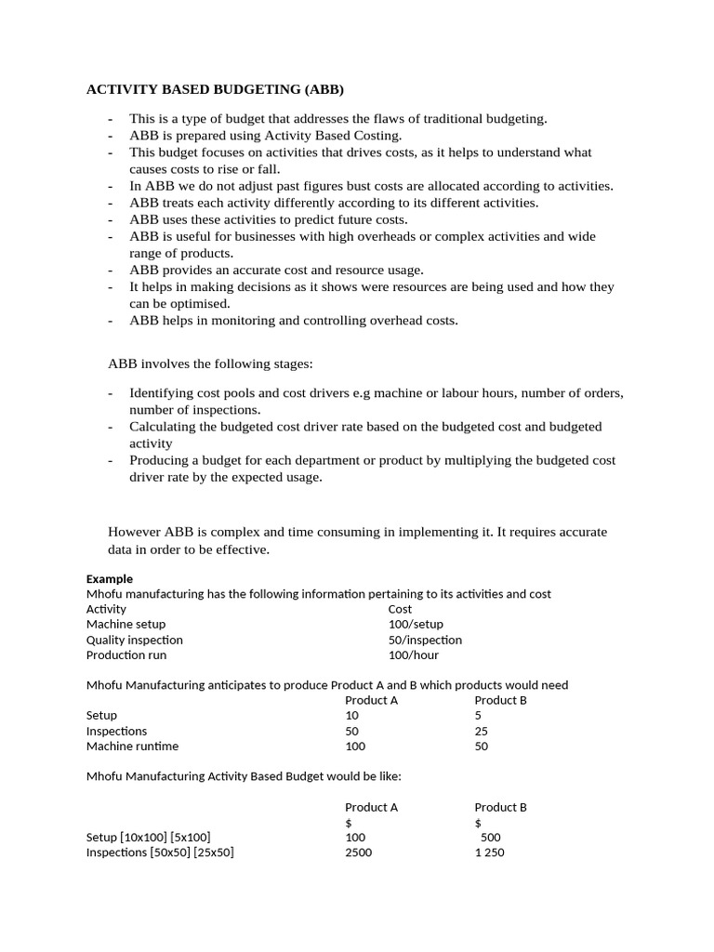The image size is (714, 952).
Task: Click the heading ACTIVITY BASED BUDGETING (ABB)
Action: [x=215, y=90]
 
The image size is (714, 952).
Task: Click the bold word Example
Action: [x=110, y=578]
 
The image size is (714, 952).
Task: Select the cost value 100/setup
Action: [x=416, y=624]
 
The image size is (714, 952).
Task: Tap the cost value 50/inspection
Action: [x=425, y=640]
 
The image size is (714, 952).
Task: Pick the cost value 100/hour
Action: [x=414, y=654]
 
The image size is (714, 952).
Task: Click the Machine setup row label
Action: [x=126, y=624]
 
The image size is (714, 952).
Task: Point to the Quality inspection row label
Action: [x=135, y=640]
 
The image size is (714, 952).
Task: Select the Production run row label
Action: [x=126, y=654]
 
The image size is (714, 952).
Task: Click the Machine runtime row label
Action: [x=132, y=746]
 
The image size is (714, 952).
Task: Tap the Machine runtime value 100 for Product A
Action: [x=355, y=746]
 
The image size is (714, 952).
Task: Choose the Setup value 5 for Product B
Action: [x=478, y=716]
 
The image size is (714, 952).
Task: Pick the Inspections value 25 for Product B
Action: [x=482, y=731]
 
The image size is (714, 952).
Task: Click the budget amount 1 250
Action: [x=489, y=852]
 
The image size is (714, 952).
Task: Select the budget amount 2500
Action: [x=358, y=852]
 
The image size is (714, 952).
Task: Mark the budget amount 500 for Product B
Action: [x=491, y=837]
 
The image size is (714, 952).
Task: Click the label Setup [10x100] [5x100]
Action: [x=154, y=837]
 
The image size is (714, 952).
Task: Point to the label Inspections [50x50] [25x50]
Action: [x=160, y=852]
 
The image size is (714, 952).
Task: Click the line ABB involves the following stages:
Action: [x=218, y=363]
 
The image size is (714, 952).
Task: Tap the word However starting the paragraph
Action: [x=135, y=532]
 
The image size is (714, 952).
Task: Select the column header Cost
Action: [x=400, y=609]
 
